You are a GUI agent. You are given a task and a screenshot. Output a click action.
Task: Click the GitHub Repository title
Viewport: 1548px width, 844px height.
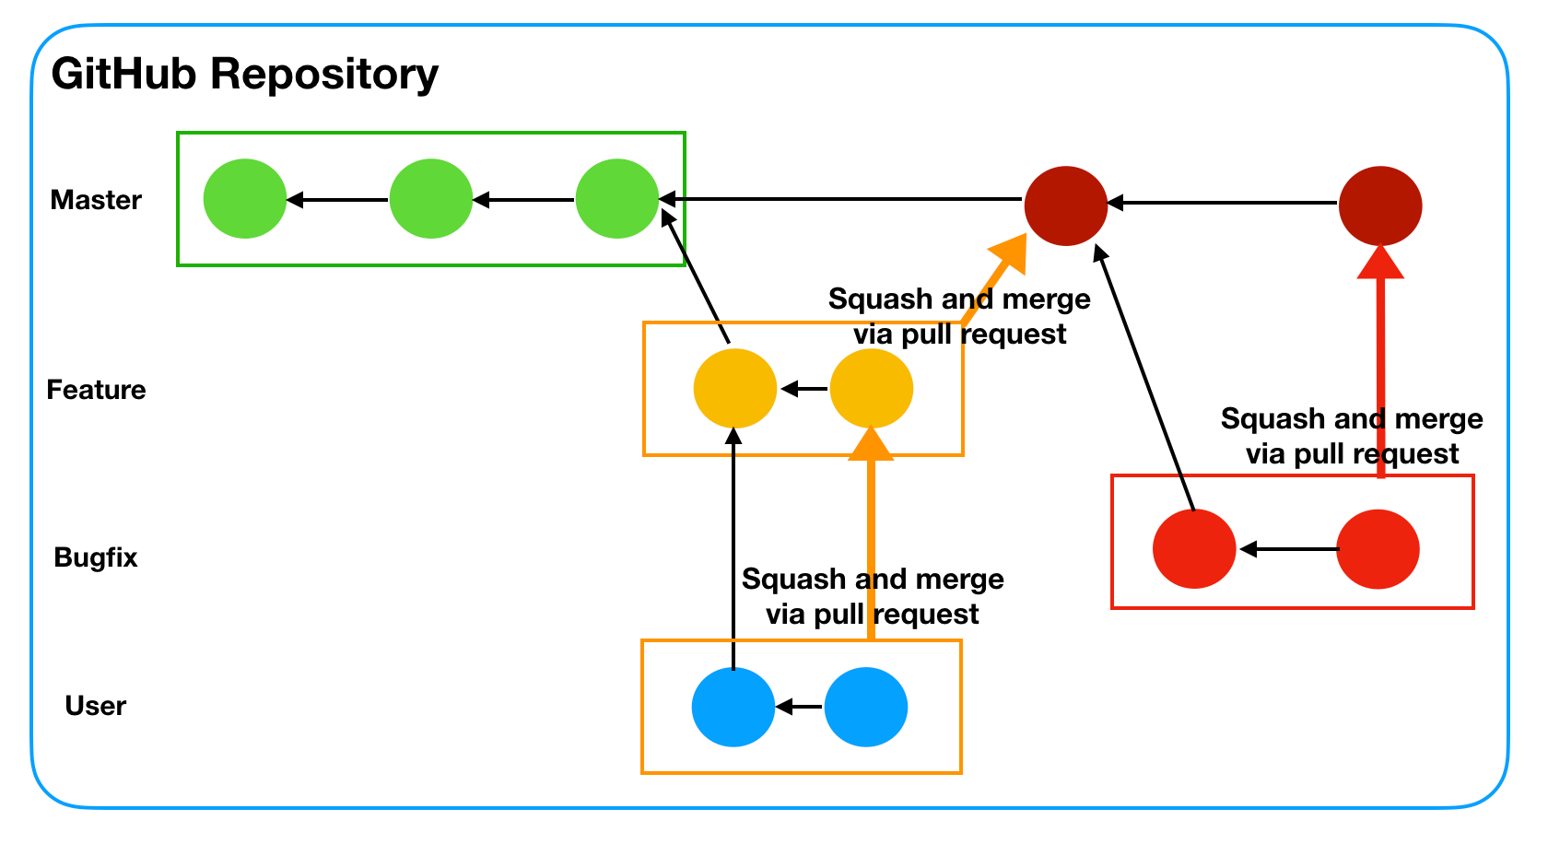tap(244, 74)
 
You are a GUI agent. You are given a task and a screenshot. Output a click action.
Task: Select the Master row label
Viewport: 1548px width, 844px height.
tap(96, 200)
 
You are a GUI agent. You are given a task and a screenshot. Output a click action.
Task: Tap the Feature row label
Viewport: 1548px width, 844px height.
tap(96, 390)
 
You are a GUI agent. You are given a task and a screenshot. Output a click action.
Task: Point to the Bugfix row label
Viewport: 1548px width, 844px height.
tap(96, 557)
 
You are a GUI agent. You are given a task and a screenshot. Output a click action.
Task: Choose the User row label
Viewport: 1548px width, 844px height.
tap(96, 706)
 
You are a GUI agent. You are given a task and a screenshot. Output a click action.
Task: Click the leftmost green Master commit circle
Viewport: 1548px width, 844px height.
tap(245, 199)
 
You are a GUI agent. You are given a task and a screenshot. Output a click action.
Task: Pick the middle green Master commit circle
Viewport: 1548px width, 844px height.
tap(431, 199)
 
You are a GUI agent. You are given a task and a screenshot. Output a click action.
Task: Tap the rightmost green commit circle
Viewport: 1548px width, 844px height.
tap(617, 199)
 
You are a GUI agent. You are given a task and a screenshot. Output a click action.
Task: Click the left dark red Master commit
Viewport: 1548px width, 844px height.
tap(1066, 205)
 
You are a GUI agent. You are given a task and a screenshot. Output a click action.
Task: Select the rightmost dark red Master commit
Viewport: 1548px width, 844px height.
tap(1380, 205)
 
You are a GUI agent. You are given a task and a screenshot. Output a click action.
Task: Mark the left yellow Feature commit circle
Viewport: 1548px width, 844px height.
tap(735, 389)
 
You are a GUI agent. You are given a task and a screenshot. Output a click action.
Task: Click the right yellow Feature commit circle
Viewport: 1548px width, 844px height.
tap(872, 389)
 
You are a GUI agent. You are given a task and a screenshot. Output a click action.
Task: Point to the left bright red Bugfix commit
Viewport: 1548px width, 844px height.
tap(1194, 549)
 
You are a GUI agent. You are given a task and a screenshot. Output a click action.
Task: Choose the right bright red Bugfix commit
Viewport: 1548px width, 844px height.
tap(1378, 549)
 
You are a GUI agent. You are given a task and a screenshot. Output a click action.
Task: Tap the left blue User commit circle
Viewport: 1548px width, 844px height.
tap(733, 707)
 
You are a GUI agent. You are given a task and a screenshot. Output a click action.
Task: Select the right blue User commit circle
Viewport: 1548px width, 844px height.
tap(866, 707)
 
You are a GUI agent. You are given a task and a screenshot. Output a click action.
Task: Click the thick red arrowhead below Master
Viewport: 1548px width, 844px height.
tap(1380, 262)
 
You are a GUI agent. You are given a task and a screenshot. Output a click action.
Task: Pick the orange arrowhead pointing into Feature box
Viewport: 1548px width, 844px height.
tap(871, 443)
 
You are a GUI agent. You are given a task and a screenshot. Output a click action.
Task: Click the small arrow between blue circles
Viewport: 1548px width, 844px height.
tap(799, 707)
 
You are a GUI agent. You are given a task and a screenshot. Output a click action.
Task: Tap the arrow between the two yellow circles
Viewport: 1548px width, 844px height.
tap(803, 389)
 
